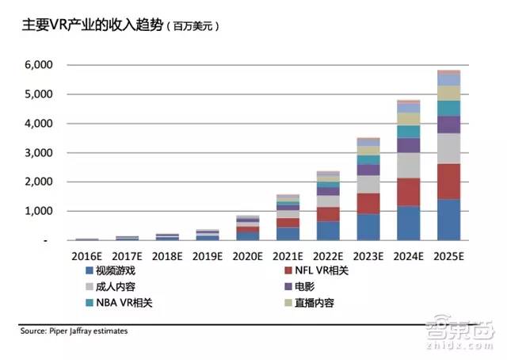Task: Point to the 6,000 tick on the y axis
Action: [40, 65]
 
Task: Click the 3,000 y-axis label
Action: [40, 152]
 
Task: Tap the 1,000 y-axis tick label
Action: [40, 211]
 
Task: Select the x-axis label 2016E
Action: [87, 255]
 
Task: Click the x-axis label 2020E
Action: [247, 255]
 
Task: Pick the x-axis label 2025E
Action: [448, 255]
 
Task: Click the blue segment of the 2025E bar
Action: [448, 220]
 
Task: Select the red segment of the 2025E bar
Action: [448, 182]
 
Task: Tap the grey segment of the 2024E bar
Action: [408, 165]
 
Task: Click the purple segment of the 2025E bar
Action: [448, 124]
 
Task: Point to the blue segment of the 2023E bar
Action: [368, 227]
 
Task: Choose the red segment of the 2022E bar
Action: [327, 214]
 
